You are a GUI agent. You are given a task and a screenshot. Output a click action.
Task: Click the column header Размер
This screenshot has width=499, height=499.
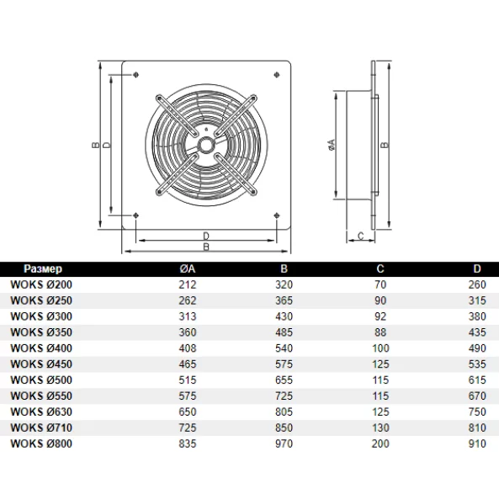click(42, 268)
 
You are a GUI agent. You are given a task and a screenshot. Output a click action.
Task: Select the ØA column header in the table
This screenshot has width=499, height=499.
click(188, 268)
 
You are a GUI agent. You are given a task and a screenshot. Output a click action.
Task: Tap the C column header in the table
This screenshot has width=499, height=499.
click(380, 268)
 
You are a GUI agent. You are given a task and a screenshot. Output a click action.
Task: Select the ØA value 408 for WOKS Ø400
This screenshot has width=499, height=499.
click(188, 348)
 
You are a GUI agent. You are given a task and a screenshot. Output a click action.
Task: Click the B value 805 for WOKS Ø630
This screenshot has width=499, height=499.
click(284, 411)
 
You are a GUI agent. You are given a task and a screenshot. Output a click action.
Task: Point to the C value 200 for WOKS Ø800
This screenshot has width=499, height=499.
click(380, 443)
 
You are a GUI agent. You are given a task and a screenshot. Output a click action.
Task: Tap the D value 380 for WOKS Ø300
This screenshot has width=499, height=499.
click(477, 316)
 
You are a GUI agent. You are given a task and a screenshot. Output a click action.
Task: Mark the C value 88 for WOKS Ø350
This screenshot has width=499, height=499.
click(380, 332)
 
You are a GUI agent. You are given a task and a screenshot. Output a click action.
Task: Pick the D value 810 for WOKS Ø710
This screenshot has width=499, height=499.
click(477, 427)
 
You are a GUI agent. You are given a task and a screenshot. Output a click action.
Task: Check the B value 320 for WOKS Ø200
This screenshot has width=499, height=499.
click(284, 284)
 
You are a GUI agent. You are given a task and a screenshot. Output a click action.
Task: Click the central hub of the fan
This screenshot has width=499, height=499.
click(206, 144)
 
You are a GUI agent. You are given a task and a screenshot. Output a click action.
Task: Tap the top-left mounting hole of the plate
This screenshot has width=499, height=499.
click(136, 75)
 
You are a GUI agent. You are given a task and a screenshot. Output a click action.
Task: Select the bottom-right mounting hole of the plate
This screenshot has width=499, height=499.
click(277, 215)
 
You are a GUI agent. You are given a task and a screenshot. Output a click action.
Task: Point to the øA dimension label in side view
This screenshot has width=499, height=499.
click(331, 145)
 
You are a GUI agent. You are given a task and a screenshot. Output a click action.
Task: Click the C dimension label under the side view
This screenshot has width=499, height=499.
click(359, 236)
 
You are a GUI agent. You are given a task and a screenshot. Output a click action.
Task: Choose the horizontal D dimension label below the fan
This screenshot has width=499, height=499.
click(206, 235)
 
